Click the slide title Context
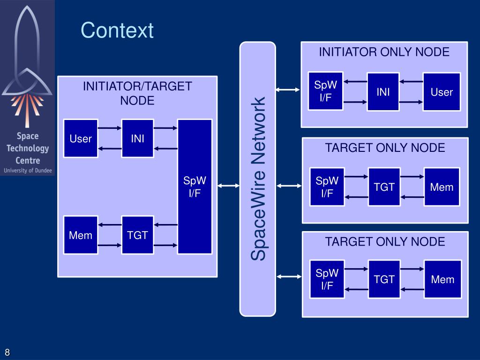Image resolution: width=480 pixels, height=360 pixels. (x=117, y=30)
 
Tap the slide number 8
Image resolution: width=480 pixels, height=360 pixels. (x=7, y=352)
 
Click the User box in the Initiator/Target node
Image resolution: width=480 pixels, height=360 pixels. (x=81, y=138)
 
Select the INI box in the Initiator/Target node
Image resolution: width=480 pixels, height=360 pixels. (x=137, y=138)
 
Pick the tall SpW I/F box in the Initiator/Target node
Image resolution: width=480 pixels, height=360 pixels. (x=195, y=187)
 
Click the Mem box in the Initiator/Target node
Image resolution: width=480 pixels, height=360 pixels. (x=81, y=235)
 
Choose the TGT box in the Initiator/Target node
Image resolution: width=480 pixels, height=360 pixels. (x=137, y=235)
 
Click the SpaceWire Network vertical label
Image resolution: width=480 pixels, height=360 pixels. (x=258, y=179)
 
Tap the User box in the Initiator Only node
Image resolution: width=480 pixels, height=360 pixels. (x=442, y=91)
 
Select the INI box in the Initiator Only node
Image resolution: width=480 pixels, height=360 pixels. (x=383, y=91)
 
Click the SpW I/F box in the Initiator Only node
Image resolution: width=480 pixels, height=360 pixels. (x=325, y=91)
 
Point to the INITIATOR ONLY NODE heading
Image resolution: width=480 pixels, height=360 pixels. (x=384, y=52)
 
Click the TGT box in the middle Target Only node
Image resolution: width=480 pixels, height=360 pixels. (x=384, y=187)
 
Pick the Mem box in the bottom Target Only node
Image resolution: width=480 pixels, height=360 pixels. (x=442, y=279)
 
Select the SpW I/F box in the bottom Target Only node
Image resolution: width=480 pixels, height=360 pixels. (x=327, y=279)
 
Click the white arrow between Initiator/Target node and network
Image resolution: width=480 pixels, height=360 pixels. (x=228, y=186)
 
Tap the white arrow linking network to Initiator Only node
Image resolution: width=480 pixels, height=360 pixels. (x=288, y=90)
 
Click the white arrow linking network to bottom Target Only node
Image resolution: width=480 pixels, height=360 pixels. (x=289, y=277)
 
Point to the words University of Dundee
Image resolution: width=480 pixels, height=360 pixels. (x=28, y=171)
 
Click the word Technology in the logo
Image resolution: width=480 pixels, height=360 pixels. (x=28, y=149)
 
